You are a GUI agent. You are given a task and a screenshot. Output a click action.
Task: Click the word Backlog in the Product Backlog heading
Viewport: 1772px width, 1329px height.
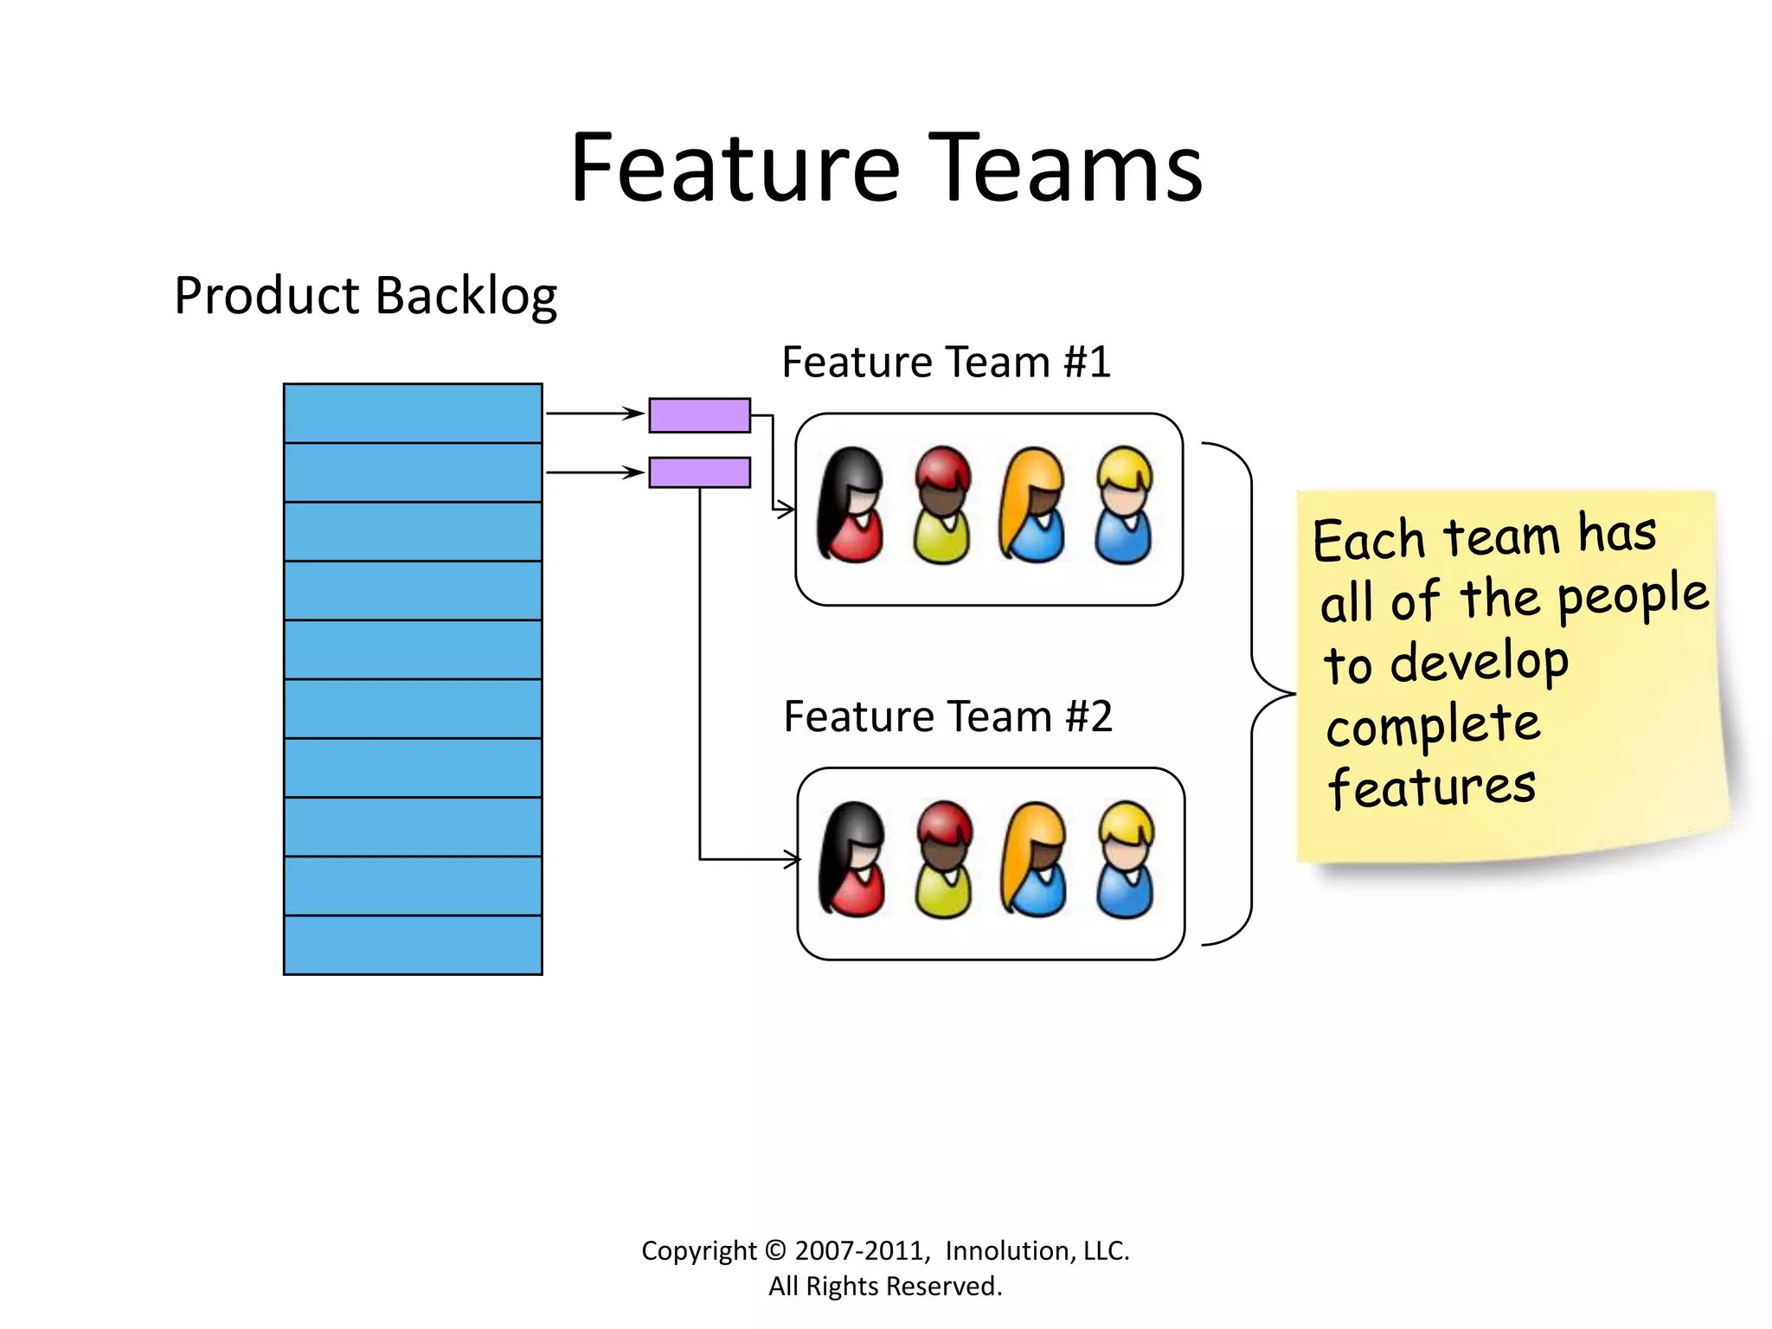point(466,297)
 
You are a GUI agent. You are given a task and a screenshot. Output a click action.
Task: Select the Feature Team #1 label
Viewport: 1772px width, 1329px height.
point(946,362)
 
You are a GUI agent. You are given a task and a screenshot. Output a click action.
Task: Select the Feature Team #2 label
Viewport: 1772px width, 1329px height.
point(947,716)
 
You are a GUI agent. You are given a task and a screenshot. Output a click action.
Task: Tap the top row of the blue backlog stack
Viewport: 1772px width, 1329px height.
point(413,414)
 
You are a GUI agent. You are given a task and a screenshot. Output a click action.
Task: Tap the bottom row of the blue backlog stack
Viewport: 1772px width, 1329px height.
point(413,945)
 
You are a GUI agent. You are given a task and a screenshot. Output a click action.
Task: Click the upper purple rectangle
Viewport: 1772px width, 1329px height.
point(699,415)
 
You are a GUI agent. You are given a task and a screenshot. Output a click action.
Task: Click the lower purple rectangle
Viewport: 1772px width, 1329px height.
point(699,472)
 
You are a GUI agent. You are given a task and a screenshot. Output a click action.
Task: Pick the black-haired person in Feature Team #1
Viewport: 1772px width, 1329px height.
point(851,505)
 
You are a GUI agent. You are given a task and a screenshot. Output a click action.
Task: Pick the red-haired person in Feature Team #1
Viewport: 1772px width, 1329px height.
point(942,505)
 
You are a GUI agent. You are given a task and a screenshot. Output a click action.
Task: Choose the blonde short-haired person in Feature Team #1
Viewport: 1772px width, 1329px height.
point(1124,505)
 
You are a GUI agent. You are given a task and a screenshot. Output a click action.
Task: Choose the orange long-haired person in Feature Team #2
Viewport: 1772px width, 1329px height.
point(1033,859)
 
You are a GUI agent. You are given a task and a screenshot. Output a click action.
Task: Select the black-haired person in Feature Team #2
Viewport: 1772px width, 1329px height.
point(852,859)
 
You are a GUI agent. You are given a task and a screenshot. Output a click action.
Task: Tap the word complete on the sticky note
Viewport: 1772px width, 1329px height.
point(1433,725)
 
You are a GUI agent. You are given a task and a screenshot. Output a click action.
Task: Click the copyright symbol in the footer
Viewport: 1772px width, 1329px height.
point(776,1251)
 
